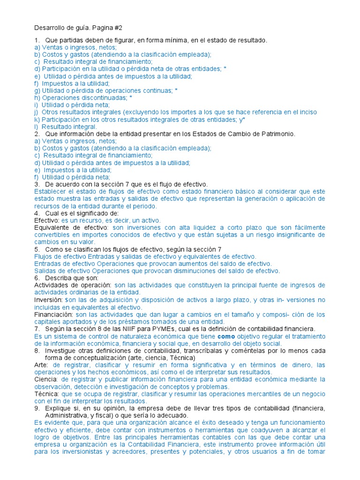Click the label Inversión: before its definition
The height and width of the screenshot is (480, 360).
coord(48,300)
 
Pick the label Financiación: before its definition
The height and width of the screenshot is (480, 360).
coord(53,315)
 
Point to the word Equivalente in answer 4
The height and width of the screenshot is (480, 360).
coord(52,227)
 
